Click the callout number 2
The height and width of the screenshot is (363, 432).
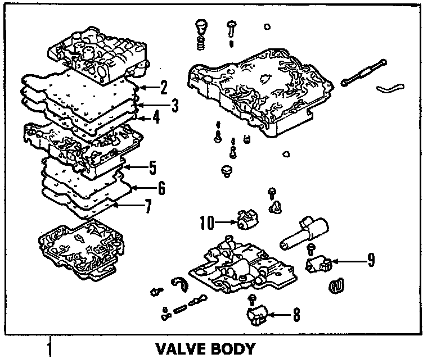pos(164,87)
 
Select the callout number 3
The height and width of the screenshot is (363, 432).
pos(175,105)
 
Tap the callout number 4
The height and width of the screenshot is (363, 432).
pos(156,118)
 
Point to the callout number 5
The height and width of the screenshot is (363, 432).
pos(152,167)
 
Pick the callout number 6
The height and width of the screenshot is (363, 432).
pos(161,188)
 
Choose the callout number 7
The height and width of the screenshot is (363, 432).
pos(148,207)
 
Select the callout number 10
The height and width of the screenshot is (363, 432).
pos(207,223)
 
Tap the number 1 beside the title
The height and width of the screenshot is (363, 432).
pos(50,348)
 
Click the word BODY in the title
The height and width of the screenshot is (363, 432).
pos(232,349)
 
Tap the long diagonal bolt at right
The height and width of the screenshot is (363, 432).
pos(364,72)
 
